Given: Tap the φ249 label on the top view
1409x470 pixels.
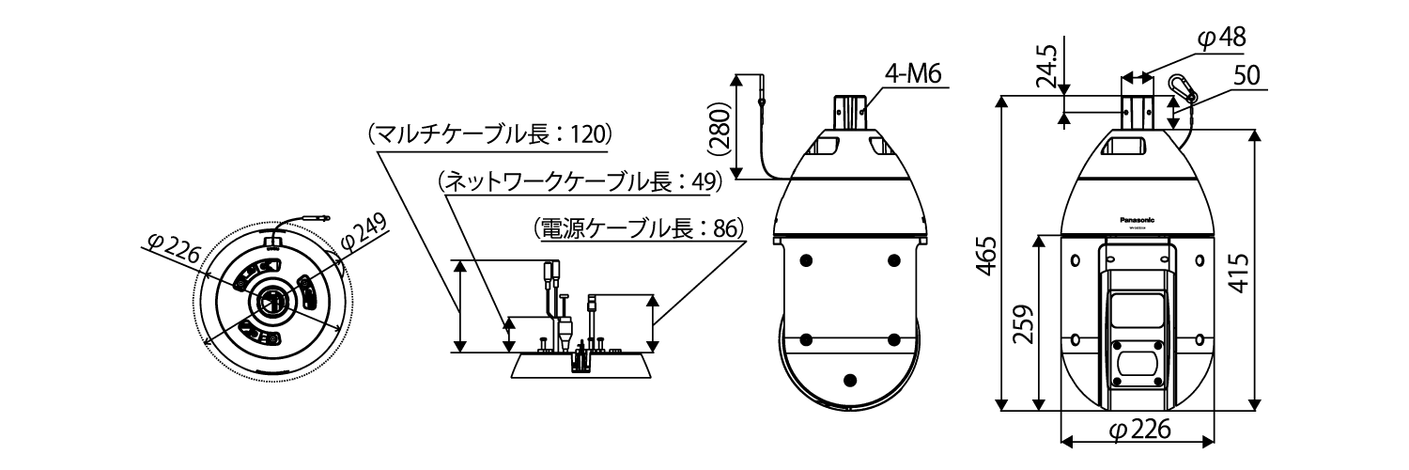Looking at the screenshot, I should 363,231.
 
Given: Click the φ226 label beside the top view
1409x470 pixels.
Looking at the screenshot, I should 176,247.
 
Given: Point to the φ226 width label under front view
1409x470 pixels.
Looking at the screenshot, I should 1138,431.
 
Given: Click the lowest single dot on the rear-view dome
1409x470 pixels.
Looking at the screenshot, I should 850,379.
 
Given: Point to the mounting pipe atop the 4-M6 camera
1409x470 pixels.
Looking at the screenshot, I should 851,110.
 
